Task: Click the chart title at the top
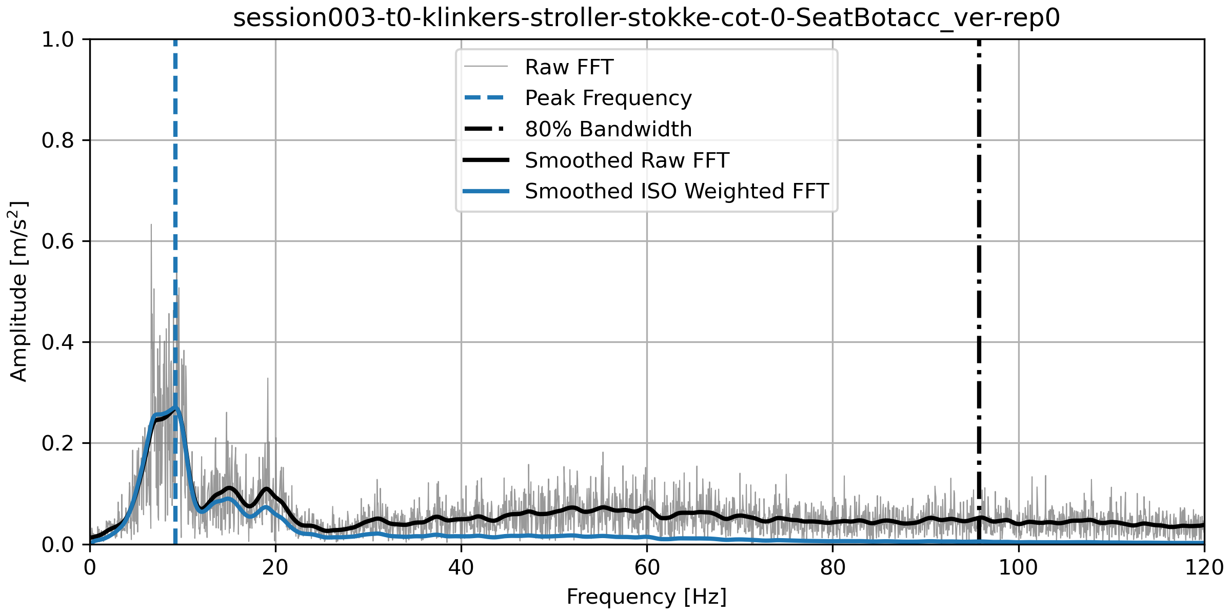click(646, 18)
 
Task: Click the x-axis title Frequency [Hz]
click(646, 597)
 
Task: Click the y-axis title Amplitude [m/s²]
click(18, 291)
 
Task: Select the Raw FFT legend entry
click(569, 67)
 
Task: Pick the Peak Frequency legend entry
click(608, 98)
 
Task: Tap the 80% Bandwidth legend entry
click(608, 129)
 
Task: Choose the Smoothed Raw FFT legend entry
click(626, 160)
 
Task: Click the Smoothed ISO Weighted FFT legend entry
click(677, 191)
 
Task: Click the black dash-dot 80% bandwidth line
click(979, 256)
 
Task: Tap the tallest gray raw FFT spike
click(151, 225)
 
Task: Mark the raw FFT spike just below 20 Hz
click(267, 379)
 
